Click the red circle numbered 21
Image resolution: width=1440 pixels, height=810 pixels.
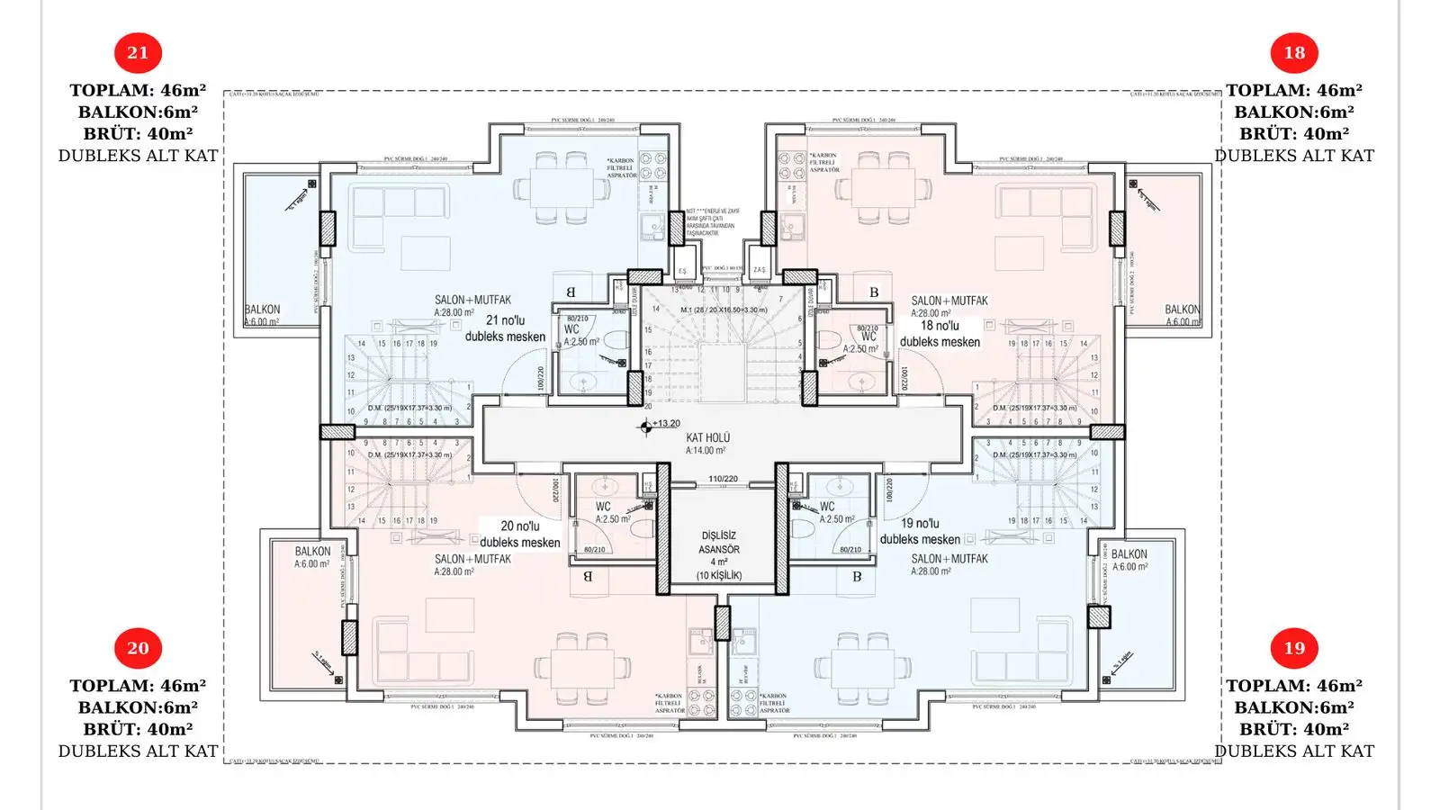click(x=138, y=53)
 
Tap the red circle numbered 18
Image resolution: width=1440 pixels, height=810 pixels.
click(x=1293, y=53)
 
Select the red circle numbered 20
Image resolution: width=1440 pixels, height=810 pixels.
click(x=138, y=648)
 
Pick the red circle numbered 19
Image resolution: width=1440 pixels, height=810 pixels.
click(x=1293, y=648)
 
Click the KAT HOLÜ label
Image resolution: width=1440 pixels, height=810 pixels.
click(x=707, y=438)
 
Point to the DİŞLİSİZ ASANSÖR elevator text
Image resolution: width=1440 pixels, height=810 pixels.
click(x=719, y=543)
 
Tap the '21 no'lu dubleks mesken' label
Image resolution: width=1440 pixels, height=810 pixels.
click(x=505, y=328)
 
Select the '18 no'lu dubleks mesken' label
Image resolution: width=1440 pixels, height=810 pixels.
click(x=940, y=334)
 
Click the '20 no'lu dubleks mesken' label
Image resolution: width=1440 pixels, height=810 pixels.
click(x=519, y=534)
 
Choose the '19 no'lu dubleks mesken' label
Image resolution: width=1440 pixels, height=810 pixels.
click(x=920, y=531)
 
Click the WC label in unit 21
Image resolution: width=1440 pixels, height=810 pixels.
click(x=572, y=329)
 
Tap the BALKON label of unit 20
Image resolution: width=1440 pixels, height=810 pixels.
click(x=312, y=552)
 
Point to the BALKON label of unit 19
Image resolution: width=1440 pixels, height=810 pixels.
click(x=1129, y=554)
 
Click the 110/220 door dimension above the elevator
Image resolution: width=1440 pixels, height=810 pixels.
click(x=723, y=480)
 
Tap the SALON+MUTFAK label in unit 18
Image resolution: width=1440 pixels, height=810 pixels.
click(x=949, y=301)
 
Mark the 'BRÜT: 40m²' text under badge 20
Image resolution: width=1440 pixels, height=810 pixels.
click(x=138, y=729)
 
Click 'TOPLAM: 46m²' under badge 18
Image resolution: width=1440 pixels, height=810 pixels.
click(x=1293, y=91)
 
